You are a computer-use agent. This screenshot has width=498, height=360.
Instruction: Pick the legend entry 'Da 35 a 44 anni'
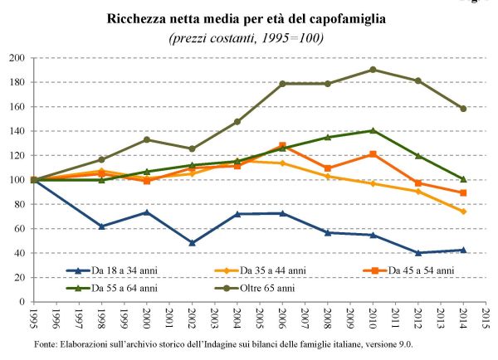point(277,271)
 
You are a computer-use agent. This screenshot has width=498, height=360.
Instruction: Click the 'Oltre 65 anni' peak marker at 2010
point(373,70)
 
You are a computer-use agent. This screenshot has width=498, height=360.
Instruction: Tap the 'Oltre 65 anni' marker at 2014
point(463,109)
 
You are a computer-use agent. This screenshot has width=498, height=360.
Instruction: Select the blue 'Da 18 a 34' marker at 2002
point(192,243)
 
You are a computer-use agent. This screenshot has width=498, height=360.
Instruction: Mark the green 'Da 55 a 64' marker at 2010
point(373,130)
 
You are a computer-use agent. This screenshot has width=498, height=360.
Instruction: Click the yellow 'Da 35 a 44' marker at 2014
point(463,212)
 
